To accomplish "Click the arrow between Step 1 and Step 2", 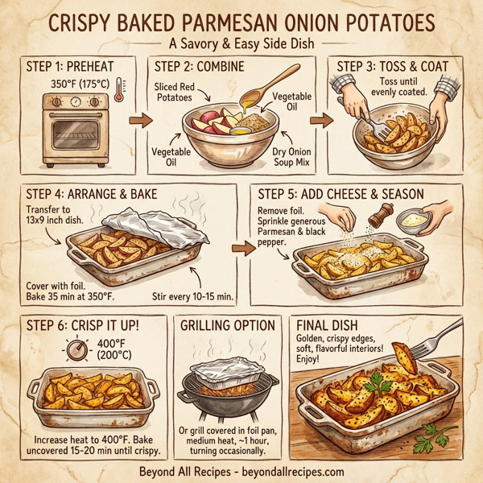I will click(x=140, y=122).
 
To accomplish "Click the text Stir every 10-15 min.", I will click(x=192, y=297).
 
